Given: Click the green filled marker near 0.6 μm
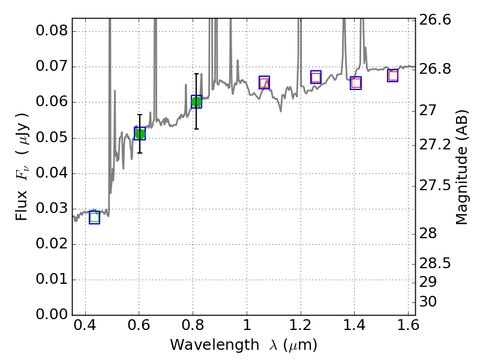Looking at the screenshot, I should point(140,134).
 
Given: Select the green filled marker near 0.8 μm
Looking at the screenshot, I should point(196,102).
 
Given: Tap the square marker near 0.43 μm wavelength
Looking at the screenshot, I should point(94,217).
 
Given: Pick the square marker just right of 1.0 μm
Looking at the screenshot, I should point(264,83).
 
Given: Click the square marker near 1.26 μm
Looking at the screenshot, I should point(316,77).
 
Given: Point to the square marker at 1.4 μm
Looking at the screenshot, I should point(356,83).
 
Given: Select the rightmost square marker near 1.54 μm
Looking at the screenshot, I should point(393,76).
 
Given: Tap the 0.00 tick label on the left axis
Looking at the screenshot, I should point(52,315).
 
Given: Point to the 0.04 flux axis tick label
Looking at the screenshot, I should point(52,173).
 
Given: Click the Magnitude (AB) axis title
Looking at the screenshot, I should point(461,167).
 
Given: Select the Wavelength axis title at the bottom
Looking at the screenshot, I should point(243,345).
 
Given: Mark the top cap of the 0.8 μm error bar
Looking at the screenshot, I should point(196,74).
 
